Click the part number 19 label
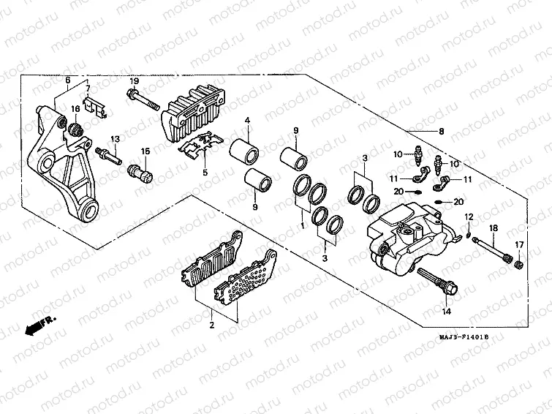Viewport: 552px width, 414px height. click(135, 80)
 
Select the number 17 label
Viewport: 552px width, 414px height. click(520, 244)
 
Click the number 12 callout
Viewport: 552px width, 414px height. click(470, 217)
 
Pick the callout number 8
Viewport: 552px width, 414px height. click(441, 132)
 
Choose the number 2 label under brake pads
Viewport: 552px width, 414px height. click(211, 325)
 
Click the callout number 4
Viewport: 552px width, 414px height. click(248, 120)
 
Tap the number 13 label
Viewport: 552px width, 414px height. click(115, 139)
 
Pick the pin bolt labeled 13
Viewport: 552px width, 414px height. click(107, 156)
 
